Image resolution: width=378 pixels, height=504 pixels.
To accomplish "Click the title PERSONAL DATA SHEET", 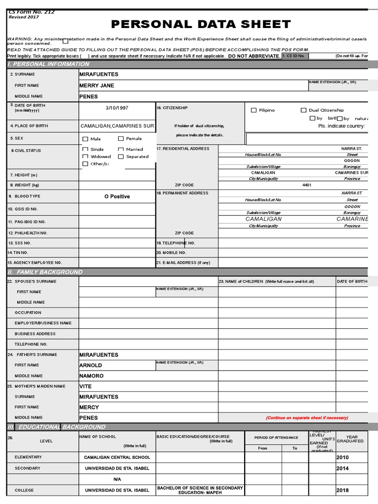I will click(201, 25).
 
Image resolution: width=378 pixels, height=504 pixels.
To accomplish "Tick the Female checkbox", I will click(121, 139).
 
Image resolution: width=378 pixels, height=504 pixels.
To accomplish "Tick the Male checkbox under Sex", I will click(86, 139).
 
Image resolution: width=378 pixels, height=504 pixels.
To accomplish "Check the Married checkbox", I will click(121, 149).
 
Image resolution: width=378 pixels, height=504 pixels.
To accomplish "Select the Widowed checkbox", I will click(86, 157).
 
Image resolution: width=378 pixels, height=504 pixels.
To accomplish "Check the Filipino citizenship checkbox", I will click(254, 110).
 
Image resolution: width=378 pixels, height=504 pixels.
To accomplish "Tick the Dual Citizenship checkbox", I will click(304, 110).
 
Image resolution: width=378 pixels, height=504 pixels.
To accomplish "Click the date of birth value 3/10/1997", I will click(117, 108).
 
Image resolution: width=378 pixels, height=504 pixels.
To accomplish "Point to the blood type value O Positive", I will click(117, 196).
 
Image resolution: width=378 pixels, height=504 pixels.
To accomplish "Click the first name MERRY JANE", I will click(96, 86).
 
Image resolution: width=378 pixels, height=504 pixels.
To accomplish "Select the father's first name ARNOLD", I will click(91, 366).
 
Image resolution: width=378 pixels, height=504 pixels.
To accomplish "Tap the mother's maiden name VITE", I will click(86, 386).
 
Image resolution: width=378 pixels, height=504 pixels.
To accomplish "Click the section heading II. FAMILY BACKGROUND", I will click(45, 272).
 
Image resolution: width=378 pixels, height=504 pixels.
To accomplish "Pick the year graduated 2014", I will click(343, 469).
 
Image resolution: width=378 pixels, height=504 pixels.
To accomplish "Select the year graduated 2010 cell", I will click(343, 457).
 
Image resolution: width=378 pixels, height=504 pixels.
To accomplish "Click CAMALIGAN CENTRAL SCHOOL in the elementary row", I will click(117, 457).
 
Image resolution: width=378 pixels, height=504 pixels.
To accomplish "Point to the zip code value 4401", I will click(307, 185).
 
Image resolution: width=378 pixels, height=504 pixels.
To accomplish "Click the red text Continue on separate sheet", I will click(307, 418).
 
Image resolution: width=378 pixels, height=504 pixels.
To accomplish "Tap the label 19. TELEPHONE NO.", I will click(176, 243).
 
